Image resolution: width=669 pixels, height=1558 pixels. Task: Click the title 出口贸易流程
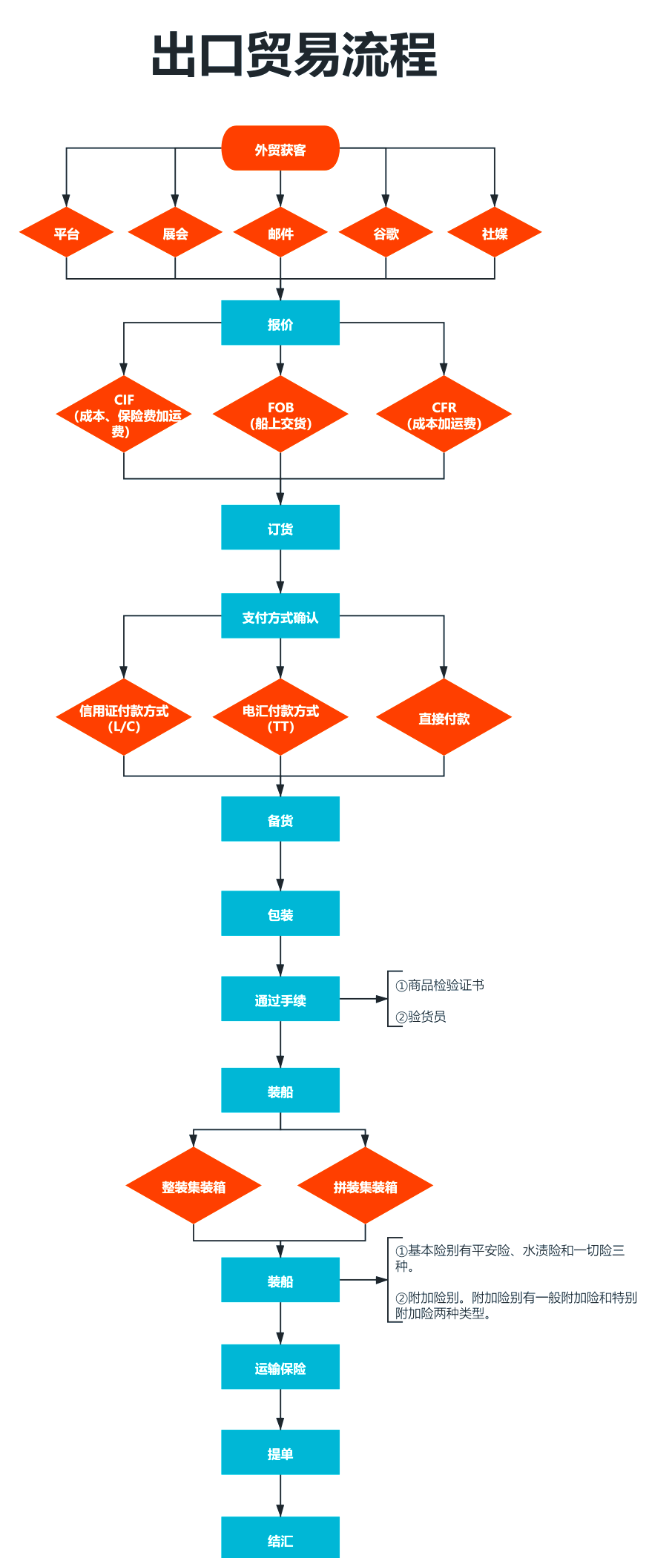coord(294,55)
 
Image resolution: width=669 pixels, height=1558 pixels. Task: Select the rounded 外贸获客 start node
coord(280,148)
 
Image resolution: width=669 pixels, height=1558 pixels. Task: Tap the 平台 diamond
coord(66,233)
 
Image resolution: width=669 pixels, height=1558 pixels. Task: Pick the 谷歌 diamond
coord(386,233)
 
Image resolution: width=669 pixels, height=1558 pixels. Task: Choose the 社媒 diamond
coord(495,233)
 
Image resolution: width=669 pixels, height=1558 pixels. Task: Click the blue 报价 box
coord(280,323)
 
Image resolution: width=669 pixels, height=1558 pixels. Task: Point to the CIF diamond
coord(124,414)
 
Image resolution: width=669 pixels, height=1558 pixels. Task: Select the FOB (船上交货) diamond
coord(280,414)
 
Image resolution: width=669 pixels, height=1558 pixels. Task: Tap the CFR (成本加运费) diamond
coord(444,414)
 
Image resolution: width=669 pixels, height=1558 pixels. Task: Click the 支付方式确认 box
coord(280,615)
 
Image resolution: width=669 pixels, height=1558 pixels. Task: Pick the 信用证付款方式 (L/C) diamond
coord(124,717)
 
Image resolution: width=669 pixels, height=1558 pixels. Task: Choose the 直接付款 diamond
coord(444,717)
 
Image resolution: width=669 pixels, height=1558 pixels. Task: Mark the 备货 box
coord(280,819)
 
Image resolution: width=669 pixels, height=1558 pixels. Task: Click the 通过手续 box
coord(280,999)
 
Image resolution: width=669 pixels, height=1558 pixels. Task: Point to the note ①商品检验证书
coord(440,985)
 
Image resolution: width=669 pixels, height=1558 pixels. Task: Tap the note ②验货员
coord(421,1016)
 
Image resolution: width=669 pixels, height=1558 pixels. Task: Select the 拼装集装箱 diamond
coord(365,1186)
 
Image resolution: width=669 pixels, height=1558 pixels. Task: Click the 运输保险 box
coord(280,1367)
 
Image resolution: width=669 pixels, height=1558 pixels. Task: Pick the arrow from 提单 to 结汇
coord(280,1496)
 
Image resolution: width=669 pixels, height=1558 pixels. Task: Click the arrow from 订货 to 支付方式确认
coord(280,571)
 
